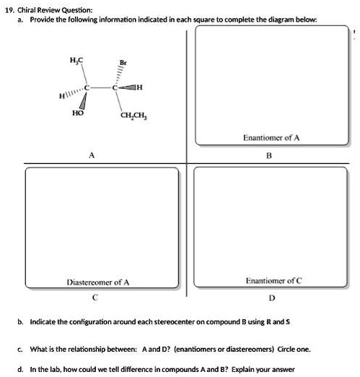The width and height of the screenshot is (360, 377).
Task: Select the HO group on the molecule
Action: [x=78, y=113]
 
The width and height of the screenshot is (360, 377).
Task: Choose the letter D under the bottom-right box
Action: [x=271, y=295]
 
